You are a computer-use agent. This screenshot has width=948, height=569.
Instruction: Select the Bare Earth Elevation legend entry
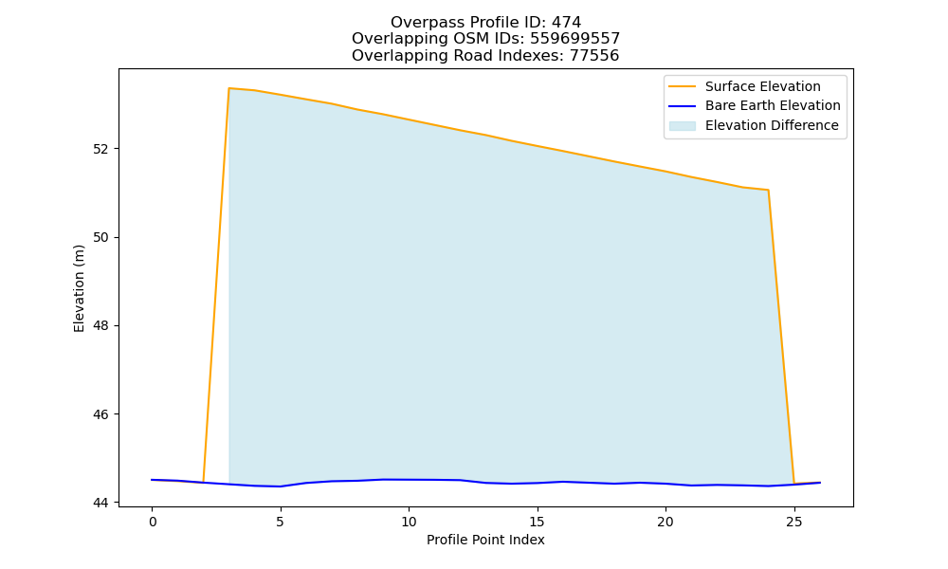(755, 106)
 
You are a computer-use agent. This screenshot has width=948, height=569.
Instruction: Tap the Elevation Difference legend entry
(754, 125)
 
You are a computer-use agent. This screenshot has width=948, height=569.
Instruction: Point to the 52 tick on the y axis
(100, 149)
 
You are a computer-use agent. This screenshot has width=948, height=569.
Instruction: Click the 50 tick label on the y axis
(100, 237)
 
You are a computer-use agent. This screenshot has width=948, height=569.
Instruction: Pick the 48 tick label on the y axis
(100, 325)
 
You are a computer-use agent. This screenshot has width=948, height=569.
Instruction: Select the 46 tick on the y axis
(100, 414)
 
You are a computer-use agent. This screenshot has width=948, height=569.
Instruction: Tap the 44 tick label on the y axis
(100, 503)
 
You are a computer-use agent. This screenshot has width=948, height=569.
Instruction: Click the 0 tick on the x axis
(152, 522)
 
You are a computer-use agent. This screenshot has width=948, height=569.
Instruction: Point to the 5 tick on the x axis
(280, 522)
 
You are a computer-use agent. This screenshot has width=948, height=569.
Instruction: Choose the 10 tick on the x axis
(409, 522)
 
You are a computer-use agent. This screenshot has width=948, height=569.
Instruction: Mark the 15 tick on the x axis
(537, 522)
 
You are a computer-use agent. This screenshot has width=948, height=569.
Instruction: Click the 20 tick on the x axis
(665, 522)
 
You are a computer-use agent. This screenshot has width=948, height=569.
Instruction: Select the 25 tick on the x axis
(793, 522)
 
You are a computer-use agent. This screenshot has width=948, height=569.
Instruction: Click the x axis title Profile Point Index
(485, 540)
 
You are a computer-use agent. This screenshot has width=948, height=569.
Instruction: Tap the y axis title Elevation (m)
(79, 288)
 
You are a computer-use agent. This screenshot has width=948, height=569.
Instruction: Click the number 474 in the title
(566, 23)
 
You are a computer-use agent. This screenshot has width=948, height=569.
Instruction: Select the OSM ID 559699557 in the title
(575, 39)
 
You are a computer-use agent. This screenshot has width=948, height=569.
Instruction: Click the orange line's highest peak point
(229, 88)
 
